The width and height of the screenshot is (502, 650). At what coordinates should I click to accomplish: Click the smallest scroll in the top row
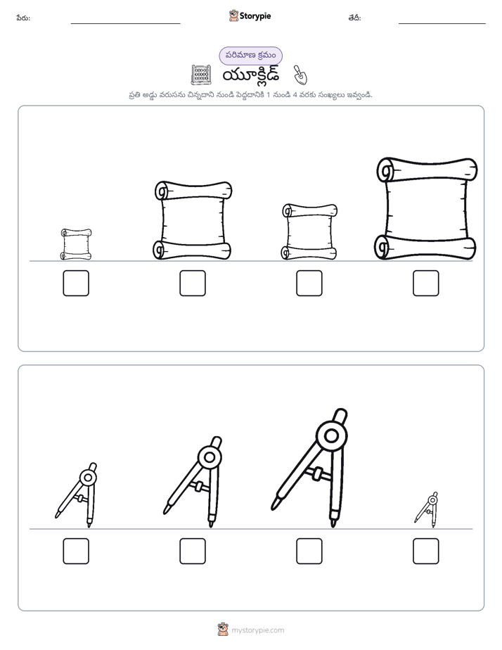pos(76,244)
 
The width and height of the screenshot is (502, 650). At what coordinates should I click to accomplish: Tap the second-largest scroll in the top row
pos(193,220)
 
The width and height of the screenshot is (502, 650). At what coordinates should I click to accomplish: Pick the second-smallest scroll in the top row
pos(309,231)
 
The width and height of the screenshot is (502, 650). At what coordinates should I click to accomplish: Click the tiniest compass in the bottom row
pos(426,509)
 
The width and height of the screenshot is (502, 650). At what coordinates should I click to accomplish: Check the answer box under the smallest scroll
pos(76,283)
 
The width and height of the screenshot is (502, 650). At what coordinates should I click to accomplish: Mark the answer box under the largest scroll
pos(426,283)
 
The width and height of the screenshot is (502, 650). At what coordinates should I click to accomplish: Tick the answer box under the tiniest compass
pos(426,551)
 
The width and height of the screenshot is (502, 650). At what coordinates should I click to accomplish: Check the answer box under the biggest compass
pos(309,551)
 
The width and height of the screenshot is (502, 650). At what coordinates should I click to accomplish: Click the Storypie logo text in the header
pos(255,15)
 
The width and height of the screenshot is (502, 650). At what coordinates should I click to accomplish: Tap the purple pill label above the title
pos(250,56)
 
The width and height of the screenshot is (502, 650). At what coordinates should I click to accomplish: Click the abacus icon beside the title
pos(201,75)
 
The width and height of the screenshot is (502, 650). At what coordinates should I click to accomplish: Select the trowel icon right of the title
pos(300,75)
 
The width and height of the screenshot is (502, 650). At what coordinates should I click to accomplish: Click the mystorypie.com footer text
pos(257,630)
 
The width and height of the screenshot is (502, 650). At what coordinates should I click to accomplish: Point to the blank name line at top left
pos(125,23)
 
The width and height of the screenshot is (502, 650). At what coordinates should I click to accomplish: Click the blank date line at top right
pos(442,23)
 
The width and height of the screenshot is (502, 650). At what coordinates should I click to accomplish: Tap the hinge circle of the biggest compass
pos(331,435)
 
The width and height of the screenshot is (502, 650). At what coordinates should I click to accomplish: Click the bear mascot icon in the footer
pos(224,630)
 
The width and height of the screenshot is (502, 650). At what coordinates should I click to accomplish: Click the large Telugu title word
pos(251,75)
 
